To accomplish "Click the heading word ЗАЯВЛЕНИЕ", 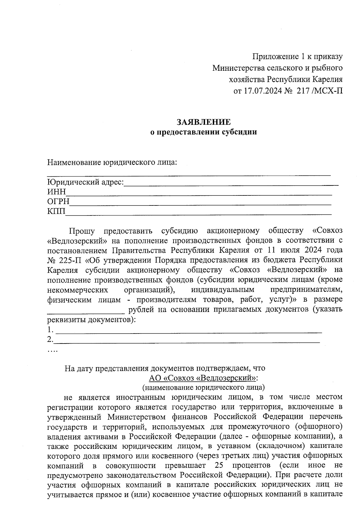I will (204, 122).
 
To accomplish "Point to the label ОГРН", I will (58, 202).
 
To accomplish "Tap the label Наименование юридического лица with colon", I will (112, 162).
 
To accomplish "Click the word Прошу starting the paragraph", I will (82, 231).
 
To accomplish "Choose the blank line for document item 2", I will (187, 341).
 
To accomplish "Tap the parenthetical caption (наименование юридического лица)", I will (204, 388).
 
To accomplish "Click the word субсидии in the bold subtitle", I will (240, 132).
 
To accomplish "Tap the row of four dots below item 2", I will (52, 351).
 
